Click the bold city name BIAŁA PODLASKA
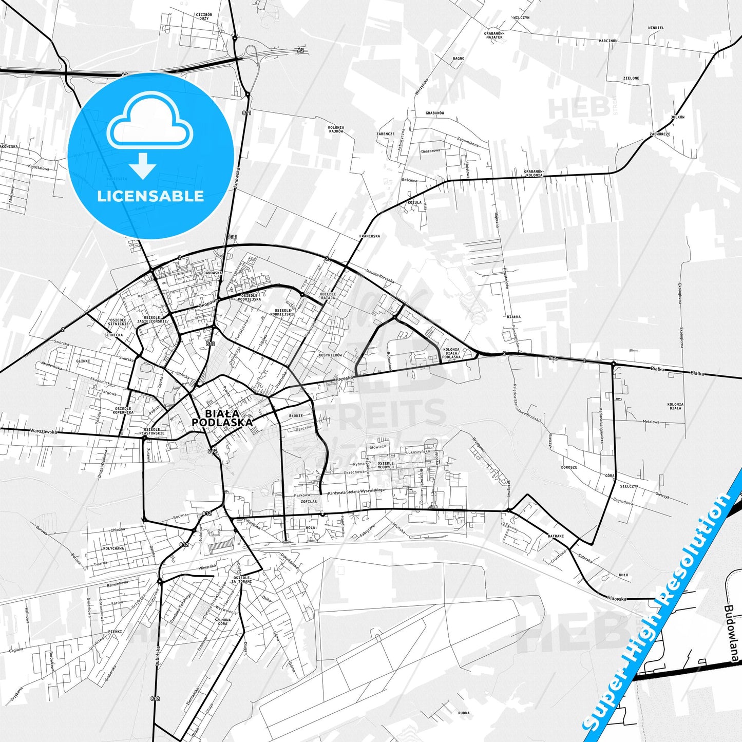tap(222, 418)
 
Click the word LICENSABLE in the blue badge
tap(150, 196)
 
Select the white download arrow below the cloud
tap(143, 165)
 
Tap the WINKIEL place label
tap(656, 28)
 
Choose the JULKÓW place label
tap(677, 117)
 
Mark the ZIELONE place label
tap(631, 78)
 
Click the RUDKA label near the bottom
tap(463, 713)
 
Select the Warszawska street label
tap(43, 431)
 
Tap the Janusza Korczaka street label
tap(379, 276)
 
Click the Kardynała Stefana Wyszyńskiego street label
tap(356, 490)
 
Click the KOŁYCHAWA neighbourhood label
tap(113, 548)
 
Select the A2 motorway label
tap(300, 50)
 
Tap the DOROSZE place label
tap(569, 467)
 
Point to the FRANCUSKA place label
tap(370, 236)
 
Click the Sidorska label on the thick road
tap(615, 598)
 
